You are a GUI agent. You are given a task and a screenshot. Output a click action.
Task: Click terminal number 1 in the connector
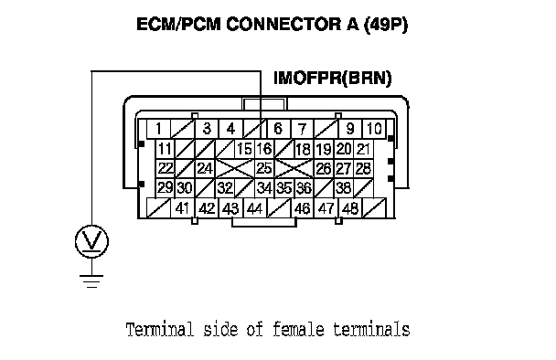(x=158, y=129)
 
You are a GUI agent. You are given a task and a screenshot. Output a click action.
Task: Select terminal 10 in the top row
(x=374, y=129)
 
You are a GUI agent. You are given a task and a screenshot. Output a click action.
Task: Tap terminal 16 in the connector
(x=264, y=148)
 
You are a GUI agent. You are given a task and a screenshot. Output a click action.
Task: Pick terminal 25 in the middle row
(x=264, y=168)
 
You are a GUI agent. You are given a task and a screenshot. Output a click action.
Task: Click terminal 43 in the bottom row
(x=230, y=208)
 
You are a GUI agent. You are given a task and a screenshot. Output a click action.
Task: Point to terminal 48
(x=350, y=208)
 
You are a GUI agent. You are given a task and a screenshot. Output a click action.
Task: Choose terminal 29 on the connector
(x=165, y=188)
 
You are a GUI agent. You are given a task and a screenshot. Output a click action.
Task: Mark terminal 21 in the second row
(x=363, y=148)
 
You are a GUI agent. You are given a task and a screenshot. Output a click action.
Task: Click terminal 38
(x=344, y=188)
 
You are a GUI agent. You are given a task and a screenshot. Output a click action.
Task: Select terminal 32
(x=224, y=188)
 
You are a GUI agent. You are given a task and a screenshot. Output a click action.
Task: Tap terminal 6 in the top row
(x=278, y=129)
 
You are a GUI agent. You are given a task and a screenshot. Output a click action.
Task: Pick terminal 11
(x=165, y=148)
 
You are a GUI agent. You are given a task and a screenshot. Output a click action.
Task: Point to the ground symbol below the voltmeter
(x=91, y=281)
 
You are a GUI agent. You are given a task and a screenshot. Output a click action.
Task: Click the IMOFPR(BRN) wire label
(x=333, y=78)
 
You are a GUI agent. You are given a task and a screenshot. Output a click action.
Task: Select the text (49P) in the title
(x=386, y=25)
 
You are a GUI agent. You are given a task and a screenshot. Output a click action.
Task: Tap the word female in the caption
(x=298, y=329)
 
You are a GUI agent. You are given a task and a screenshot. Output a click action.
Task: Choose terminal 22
(x=165, y=168)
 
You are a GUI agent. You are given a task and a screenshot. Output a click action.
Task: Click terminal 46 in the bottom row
(x=303, y=208)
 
